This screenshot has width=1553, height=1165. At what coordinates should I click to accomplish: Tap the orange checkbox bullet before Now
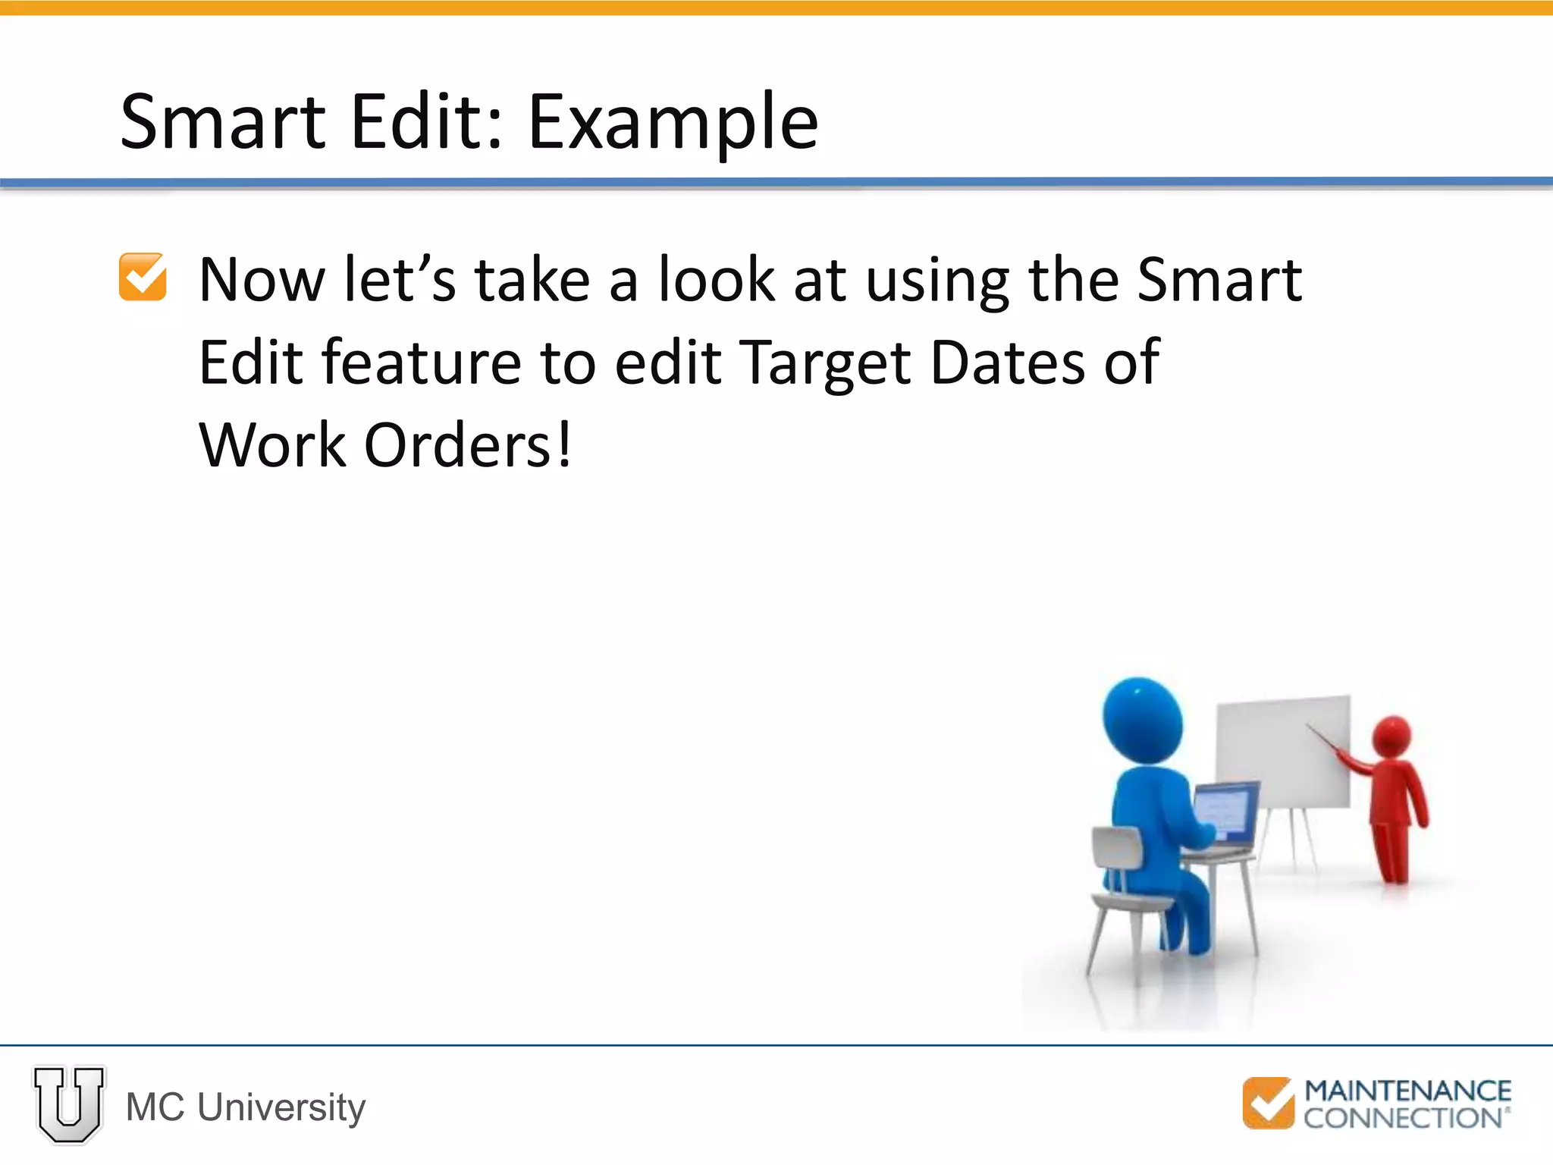click(x=143, y=278)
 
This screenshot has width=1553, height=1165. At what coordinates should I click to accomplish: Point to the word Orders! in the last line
click(x=467, y=445)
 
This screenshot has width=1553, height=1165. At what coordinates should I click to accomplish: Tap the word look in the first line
click(x=716, y=280)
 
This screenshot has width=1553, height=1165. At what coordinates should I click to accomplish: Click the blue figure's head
click(x=1142, y=718)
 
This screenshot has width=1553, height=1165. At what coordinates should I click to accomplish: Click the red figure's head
click(x=1392, y=736)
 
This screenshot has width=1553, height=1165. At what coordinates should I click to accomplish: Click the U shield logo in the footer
click(x=69, y=1104)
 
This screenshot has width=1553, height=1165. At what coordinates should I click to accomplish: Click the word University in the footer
click(x=281, y=1107)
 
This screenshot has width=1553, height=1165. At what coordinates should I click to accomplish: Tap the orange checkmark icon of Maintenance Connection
click(x=1267, y=1103)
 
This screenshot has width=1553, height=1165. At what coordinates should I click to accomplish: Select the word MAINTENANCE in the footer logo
click(x=1407, y=1091)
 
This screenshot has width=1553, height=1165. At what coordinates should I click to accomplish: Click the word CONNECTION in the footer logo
click(x=1403, y=1118)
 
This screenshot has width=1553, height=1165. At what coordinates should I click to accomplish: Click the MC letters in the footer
click(x=155, y=1107)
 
